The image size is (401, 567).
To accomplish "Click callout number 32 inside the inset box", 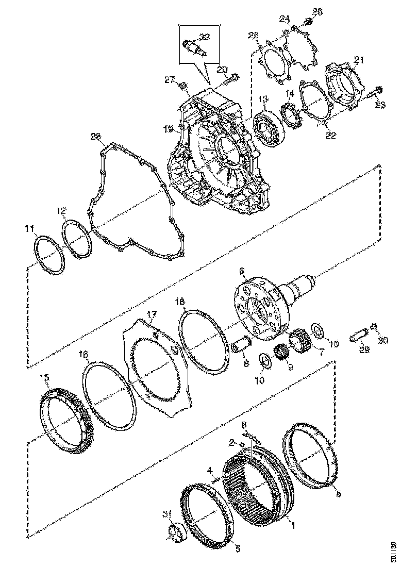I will [205, 37].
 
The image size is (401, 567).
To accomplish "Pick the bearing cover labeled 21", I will [345, 85].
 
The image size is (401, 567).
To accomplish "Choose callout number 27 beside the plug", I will [170, 79].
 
